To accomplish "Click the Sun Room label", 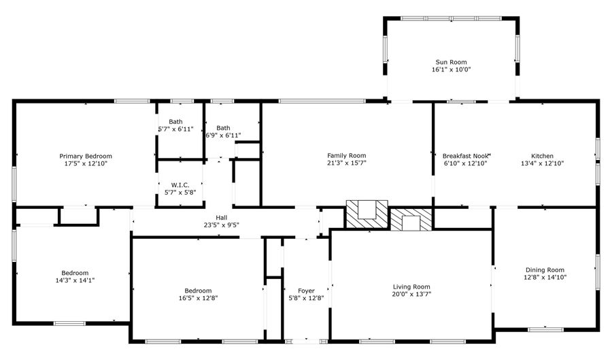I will (x=451, y=62).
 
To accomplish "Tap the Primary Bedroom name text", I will (x=86, y=156).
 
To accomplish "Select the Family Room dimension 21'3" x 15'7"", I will (x=347, y=163).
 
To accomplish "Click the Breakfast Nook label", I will (x=466, y=156).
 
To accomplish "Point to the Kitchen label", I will (x=542, y=156).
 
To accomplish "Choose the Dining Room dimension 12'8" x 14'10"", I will (x=545, y=277).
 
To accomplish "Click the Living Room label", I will (x=411, y=287).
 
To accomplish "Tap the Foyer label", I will (x=306, y=291).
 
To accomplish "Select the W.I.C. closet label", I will (x=180, y=184).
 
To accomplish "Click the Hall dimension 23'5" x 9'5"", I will (x=221, y=225).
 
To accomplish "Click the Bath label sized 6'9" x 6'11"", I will (x=223, y=128).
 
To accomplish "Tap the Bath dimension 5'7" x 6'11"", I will (x=176, y=129).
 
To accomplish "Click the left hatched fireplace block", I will (x=367, y=213).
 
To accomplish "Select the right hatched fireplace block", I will (x=411, y=219).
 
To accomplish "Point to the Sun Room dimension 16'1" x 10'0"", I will (x=451, y=69).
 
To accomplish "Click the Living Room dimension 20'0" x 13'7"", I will (x=411, y=294).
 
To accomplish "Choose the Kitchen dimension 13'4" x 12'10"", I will (x=542, y=163).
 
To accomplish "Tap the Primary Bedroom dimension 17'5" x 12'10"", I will (x=86, y=163).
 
